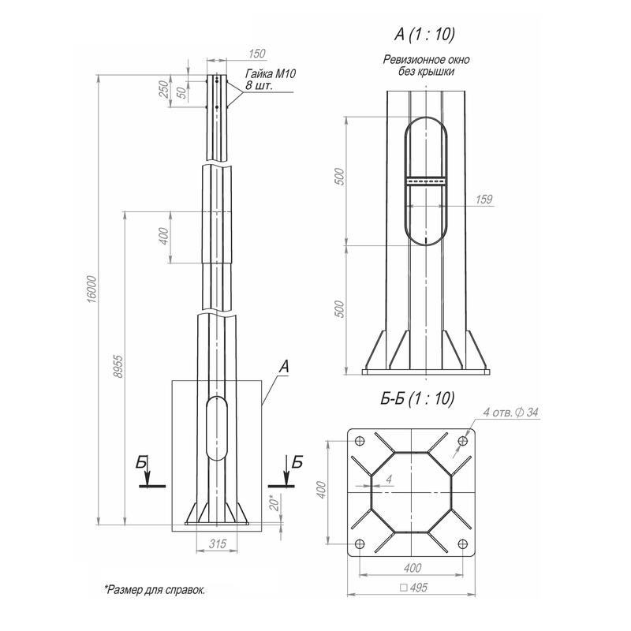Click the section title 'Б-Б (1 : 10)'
click(417, 399)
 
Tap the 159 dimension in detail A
click(484, 199)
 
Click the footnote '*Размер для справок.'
click(154, 589)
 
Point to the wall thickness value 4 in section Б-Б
click(389, 480)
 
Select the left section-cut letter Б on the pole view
click(141, 464)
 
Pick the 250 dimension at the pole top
click(163, 88)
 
